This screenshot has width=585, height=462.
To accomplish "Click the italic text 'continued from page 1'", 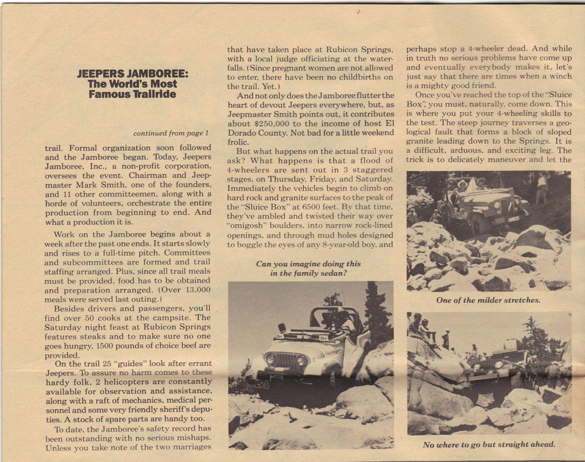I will coord(171,134).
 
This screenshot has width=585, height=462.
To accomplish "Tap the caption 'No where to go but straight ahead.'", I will coord(489,445).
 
